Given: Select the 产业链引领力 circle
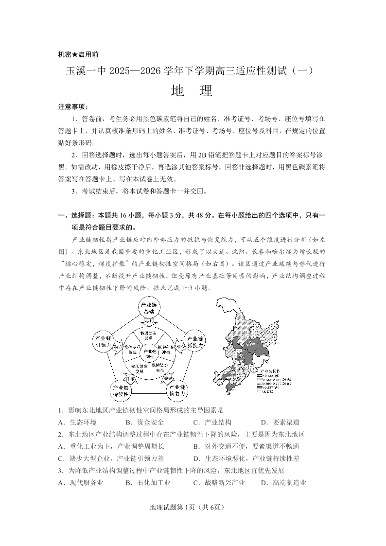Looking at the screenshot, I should (x=104, y=342).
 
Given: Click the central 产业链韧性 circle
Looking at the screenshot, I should (x=148, y=353).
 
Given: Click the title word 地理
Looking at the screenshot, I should (x=193, y=91).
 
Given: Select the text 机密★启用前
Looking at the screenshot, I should (x=78, y=54).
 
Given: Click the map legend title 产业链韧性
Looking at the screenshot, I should (x=272, y=370).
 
